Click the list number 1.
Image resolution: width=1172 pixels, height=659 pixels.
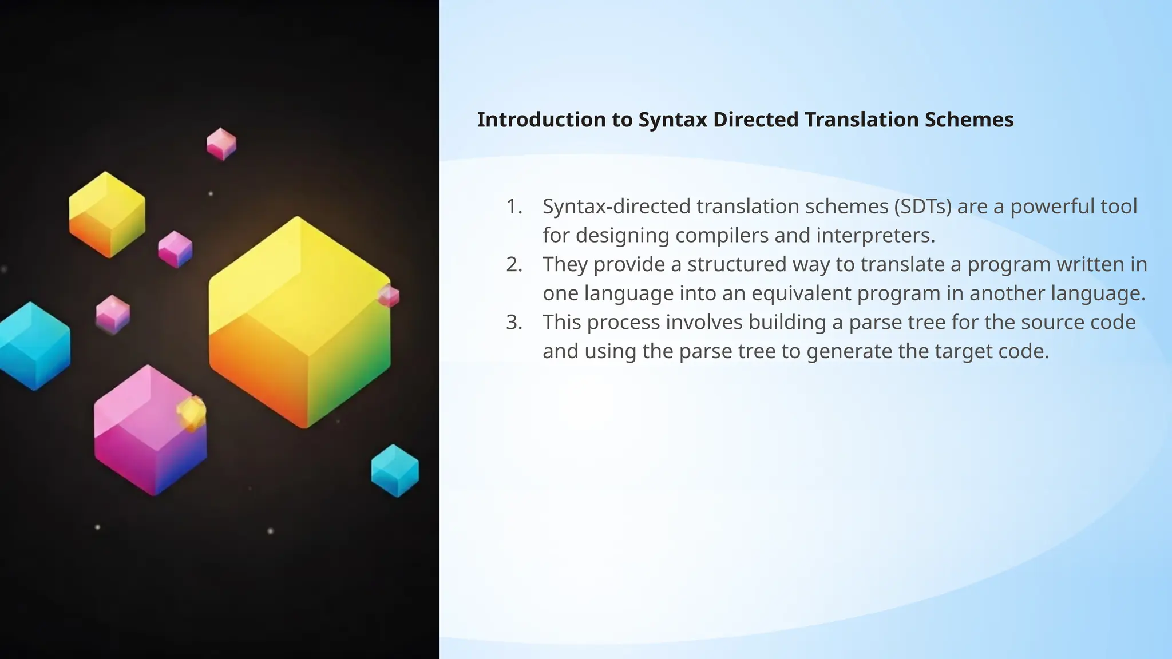coord(514,207)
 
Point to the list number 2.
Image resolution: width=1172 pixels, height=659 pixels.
coord(514,264)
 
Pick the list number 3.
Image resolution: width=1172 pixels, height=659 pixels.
coord(514,323)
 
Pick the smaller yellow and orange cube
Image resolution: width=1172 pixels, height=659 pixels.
coord(107,214)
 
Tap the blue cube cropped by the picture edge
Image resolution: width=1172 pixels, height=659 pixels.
coord(33,346)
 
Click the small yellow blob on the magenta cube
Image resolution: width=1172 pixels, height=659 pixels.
coord(191,412)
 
